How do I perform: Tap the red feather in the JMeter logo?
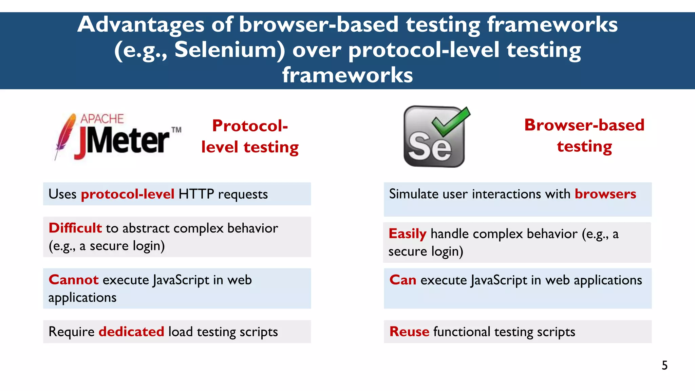tap(65, 134)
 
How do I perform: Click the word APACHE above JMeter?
tap(102, 119)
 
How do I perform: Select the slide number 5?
tap(664, 365)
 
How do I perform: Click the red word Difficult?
tap(75, 228)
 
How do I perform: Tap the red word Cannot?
tap(73, 280)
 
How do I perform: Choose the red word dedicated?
tap(131, 332)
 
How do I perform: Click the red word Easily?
tap(407, 234)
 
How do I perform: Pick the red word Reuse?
tap(409, 332)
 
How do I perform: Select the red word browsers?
tap(605, 194)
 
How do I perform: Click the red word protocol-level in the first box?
tap(128, 194)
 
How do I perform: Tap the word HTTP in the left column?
tap(196, 194)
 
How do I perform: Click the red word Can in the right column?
tap(402, 280)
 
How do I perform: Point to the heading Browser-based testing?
tap(584, 135)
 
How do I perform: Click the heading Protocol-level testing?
tap(250, 136)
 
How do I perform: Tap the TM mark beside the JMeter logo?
tap(176, 130)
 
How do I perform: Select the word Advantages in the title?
tap(140, 24)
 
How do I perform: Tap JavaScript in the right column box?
tap(499, 280)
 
